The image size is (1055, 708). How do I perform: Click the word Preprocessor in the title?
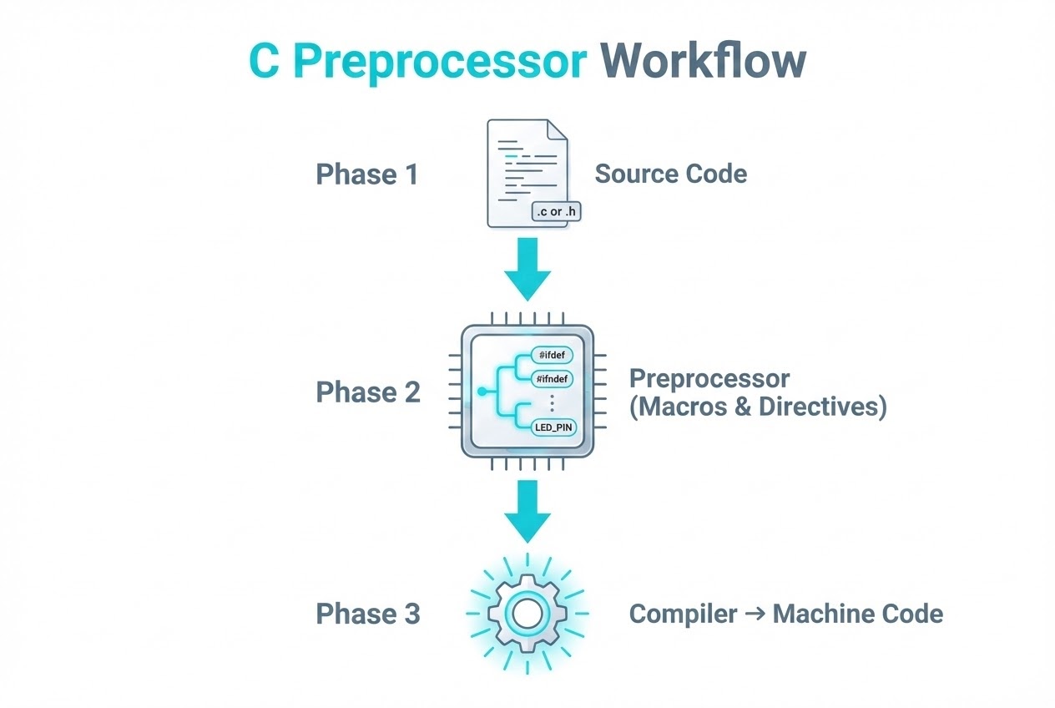(440, 60)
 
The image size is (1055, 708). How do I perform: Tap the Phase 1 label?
(366, 174)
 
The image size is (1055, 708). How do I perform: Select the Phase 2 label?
(367, 392)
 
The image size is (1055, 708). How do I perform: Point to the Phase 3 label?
(367, 614)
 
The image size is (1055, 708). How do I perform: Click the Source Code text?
(670, 174)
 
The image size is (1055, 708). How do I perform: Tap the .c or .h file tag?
(556, 211)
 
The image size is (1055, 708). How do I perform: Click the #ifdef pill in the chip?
(553, 355)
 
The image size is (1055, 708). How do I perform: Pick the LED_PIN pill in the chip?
(554, 427)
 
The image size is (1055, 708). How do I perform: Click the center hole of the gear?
(527, 614)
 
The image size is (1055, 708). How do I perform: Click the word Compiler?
(683, 614)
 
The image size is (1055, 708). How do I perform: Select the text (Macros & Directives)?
(757, 408)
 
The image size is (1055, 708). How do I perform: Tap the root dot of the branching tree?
(481, 391)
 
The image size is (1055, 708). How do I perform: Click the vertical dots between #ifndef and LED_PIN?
(553, 403)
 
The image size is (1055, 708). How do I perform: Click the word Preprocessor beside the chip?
(709, 378)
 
